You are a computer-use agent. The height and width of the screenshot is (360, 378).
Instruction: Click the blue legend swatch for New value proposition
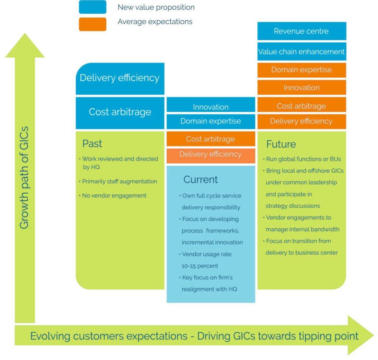(x=92, y=7)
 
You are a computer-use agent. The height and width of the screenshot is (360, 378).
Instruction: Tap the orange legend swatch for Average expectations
(x=92, y=24)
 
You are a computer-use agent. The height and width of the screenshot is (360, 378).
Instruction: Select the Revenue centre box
(x=302, y=31)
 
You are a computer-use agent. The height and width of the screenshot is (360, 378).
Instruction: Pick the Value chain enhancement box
(x=302, y=52)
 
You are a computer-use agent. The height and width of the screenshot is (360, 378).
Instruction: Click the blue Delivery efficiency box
(x=120, y=78)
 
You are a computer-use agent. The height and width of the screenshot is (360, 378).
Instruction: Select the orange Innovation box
(x=302, y=88)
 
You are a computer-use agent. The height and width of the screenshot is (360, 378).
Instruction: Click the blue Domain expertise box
(x=211, y=121)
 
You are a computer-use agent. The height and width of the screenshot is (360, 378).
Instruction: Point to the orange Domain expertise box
(x=302, y=70)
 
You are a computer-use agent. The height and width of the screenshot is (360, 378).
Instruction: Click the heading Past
(x=92, y=143)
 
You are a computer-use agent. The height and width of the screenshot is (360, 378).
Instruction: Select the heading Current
(x=200, y=180)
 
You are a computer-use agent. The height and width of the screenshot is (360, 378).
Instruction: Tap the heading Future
(x=281, y=144)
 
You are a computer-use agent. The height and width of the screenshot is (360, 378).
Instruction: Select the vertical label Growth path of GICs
(x=24, y=177)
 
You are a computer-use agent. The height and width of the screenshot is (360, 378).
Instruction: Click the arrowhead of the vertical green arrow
(x=25, y=46)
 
